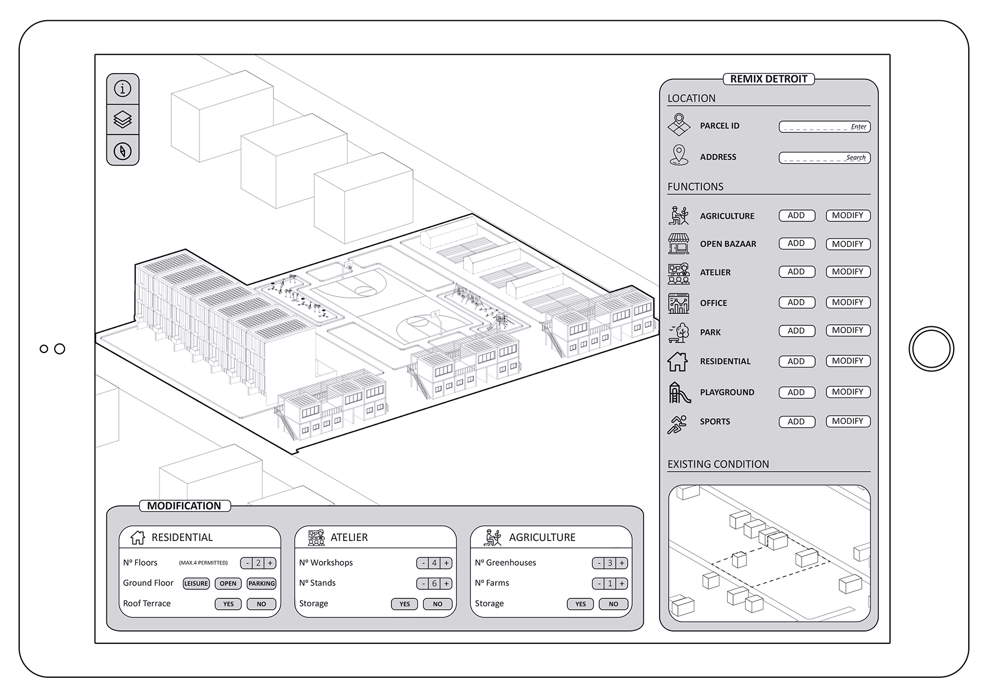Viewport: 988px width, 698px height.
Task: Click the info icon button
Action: click(x=122, y=89)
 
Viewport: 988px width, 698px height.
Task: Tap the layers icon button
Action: click(x=122, y=120)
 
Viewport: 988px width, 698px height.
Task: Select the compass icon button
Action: click(x=122, y=151)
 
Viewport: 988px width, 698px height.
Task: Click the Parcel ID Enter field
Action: click(x=824, y=127)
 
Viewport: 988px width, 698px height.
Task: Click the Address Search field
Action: click(x=824, y=158)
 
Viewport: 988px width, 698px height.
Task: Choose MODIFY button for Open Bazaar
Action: click(x=847, y=244)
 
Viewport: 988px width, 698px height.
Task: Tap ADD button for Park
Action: click(x=796, y=331)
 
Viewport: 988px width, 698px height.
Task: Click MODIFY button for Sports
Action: click(x=847, y=421)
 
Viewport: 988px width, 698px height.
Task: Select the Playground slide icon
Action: click(x=679, y=392)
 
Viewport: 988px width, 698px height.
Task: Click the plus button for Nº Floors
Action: click(x=270, y=563)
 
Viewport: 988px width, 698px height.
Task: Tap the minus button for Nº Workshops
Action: click(x=423, y=563)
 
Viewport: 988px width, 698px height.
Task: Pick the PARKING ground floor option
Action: click(x=261, y=584)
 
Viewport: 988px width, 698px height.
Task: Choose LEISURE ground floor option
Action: click(x=196, y=584)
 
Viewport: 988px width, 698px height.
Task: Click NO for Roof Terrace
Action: click(x=261, y=604)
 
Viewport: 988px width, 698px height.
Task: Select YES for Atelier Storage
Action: click(x=404, y=604)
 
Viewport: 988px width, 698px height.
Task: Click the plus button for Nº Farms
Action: click(x=622, y=584)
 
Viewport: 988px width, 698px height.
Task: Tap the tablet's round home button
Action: click(x=931, y=349)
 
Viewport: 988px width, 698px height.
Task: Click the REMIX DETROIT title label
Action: click(x=768, y=79)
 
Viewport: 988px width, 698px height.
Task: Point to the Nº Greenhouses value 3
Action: click(x=610, y=563)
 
